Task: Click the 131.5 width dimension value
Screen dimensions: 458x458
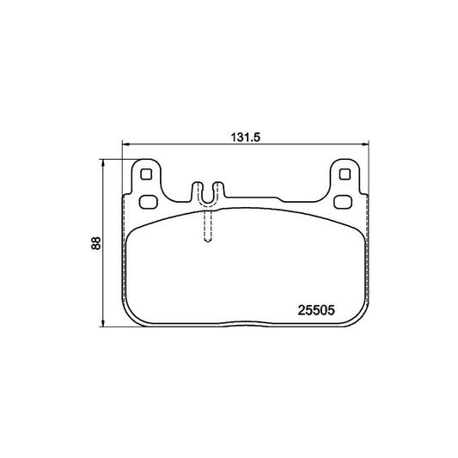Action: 245,137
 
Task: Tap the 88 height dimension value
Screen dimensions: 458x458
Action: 95,243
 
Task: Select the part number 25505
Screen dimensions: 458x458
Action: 316,310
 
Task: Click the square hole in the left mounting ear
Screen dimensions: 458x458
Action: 146,174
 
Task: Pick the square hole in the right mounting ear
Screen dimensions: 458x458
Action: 345,174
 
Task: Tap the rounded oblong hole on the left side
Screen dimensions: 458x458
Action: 148,202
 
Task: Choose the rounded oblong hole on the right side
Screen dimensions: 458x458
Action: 343,202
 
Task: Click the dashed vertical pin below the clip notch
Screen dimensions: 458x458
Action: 208,226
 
